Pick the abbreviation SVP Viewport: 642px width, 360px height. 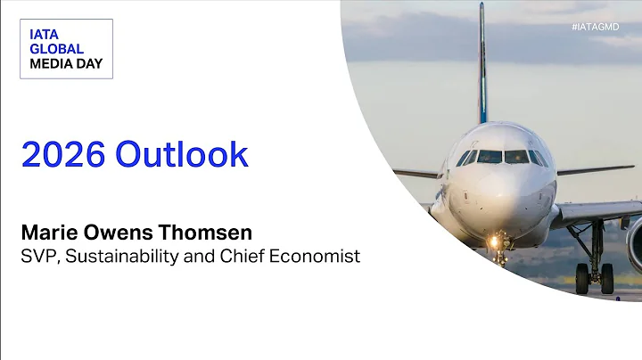[38, 257]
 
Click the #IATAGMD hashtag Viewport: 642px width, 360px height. [595, 28]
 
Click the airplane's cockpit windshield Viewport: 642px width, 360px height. [503, 157]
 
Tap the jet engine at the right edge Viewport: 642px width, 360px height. [634, 241]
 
